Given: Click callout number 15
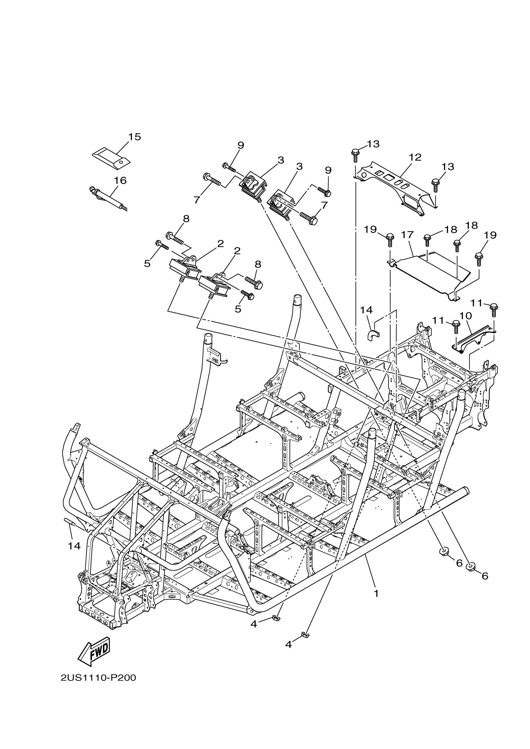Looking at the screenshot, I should [134, 137].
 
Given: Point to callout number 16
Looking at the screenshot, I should [120, 180].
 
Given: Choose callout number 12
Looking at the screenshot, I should [415, 157].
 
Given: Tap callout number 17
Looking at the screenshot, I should [407, 235].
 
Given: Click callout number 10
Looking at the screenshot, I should [466, 315].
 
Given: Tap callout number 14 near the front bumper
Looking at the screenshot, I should [74, 546].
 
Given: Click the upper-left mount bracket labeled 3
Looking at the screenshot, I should [253, 184].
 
